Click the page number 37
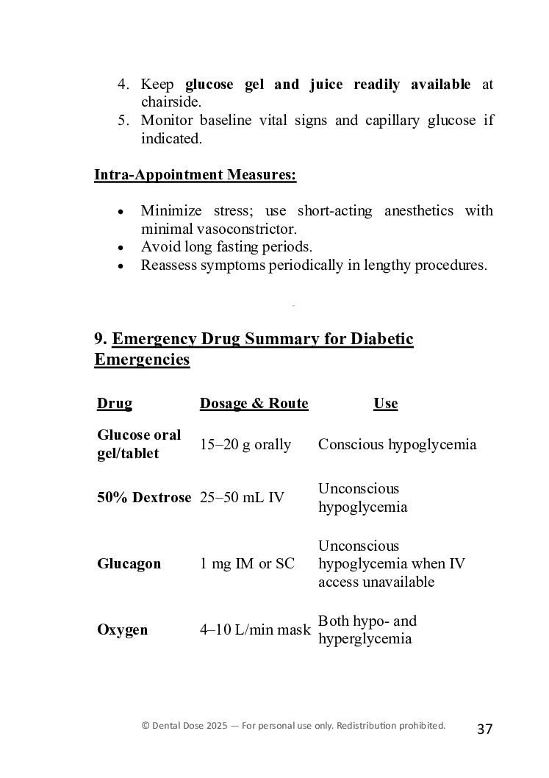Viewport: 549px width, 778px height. coord(484,729)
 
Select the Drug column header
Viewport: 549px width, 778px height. coord(115,403)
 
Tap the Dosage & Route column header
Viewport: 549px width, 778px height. coord(254,403)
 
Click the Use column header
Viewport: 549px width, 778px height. coord(385,403)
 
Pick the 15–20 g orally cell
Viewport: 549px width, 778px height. coord(245,444)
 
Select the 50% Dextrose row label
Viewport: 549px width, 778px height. coord(143,497)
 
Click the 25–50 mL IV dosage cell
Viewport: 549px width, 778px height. coord(242,497)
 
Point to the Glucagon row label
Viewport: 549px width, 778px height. coord(129,564)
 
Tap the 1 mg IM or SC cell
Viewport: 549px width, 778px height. coord(247,564)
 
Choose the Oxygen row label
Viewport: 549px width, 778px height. coord(122,629)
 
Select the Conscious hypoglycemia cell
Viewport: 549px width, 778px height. coord(397,444)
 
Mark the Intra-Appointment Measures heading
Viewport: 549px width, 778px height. coord(195,175)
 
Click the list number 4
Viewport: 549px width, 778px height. coord(123,85)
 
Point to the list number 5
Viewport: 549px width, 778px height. coord(123,121)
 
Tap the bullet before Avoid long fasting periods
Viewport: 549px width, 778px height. coord(121,248)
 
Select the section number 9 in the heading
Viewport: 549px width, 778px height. coord(99,339)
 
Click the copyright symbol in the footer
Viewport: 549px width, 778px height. coord(146,726)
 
